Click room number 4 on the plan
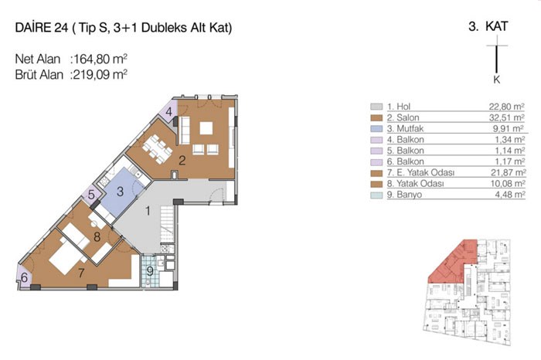(168, 112)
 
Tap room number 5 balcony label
(91, 194)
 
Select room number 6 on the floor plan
(24, 277)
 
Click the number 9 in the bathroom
(150, 271)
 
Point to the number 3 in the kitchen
(120, 192)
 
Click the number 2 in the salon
(182, 161)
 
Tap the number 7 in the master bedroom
(81, 273)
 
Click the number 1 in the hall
(148, 211)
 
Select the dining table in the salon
(158, 149)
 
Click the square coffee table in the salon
(206, 128)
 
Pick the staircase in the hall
(167, 224)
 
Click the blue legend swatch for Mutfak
(376, 128)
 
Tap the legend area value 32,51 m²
(507, 117)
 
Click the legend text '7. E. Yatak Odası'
(420, 172)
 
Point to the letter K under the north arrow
(496, 80)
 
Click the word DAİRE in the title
(33, 28)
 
